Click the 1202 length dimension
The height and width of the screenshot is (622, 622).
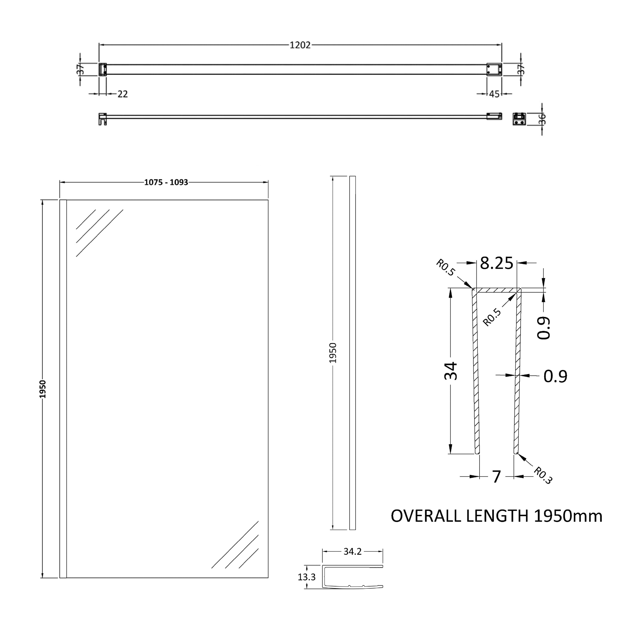pyautogui.click(x=300, y=45)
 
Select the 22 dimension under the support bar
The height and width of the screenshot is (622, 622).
pyautogui.click(x=122, y=94)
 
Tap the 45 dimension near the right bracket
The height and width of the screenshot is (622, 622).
pyautogui.click(x=494, y=94)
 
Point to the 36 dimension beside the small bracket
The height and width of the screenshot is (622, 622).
pyautogui.click(x=542, y=119)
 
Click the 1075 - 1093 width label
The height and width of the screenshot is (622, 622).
pyautogui.click(x=166, y=182)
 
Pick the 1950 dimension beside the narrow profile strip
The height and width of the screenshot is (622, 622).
pyautogui.click(x=333, y=353)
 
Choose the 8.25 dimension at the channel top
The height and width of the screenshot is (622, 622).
pyautogui.click(x=496, y=263)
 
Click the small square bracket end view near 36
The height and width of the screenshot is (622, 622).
pyautogui.click(x=519, y=119)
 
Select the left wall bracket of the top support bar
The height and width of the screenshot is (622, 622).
pyautogui.click(x=102, y=69)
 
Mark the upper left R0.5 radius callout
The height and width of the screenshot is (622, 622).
pyautogui.click(x=446, y=268)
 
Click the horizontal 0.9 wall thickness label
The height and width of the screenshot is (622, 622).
pyautogui.click(x=555, y=376)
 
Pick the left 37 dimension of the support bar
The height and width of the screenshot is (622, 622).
pyautogui.click(x=81, y=69)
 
